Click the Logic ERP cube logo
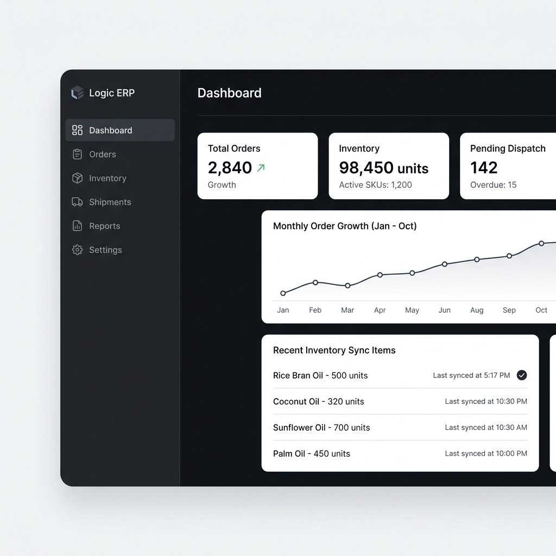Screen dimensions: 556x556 pos(77,93)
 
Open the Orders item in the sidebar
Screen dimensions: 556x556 pos(103,154)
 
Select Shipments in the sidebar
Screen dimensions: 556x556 pos(110,202)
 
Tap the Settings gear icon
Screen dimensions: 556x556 pos(77,250)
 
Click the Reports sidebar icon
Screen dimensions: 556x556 pos(77,226)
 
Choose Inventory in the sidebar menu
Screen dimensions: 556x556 pos(108,178)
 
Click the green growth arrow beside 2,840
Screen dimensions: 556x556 pos(261,168)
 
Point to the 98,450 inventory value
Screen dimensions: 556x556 pos(366,168)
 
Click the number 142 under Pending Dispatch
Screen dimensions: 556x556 pos(484,168)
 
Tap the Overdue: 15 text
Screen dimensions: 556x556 pos(493,185)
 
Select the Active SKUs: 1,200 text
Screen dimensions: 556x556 pos(376,185)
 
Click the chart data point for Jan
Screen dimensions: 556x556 pos(283,293)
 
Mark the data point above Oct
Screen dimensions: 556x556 pos(541,243)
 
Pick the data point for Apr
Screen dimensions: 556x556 pos(380,275)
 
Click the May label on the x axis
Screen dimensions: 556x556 pos(412,310)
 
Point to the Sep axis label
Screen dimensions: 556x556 pos(509,310)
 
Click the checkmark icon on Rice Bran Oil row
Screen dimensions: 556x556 pos(522,375)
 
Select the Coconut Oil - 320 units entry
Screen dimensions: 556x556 pos(318,401)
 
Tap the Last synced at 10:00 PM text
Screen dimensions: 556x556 pos(486,453)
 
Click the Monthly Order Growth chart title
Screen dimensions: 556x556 pos(345,226)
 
